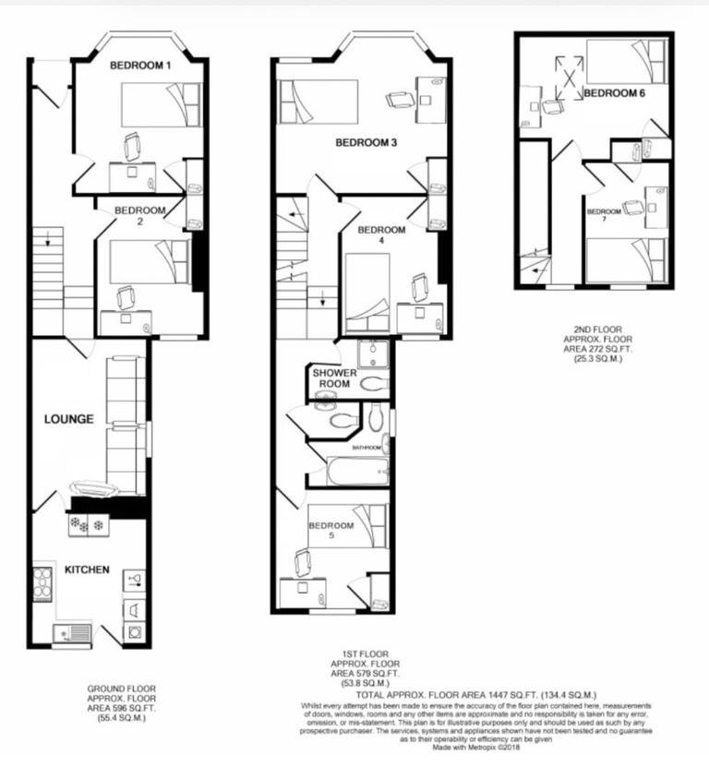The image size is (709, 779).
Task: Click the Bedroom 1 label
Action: coord(140,66)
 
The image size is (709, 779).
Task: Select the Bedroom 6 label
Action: coord(614,93)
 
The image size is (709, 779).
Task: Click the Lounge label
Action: coord(69,419)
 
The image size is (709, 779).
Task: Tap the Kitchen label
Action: coord(87,569)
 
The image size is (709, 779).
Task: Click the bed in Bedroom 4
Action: coord(367,295)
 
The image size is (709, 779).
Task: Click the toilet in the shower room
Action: coord(375,383)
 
